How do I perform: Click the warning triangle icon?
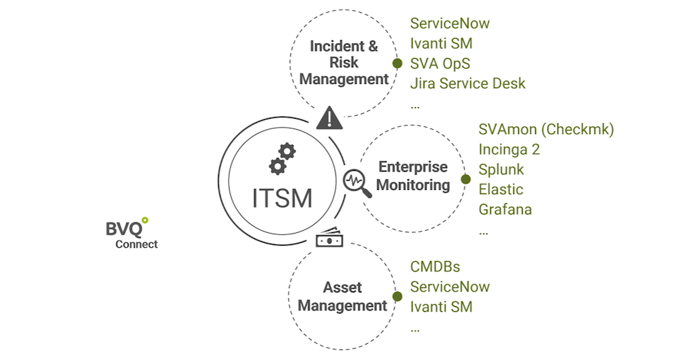pyautogui.click(x=329, y=118)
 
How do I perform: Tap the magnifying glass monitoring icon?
pyautogui.click(x=357, y=182)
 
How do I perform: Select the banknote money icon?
pyautogui.click(x=329, y=240)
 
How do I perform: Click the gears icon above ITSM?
pyautogui.click(x=282, y=158)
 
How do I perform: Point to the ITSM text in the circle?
pyautogui.click(x=282, y=198)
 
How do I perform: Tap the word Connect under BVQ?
pyautogui.click(x=136, y=244)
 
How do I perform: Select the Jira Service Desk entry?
pyautogui.click(x=467, y=83)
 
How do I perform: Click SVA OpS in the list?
pyautogui.click(x=440, y=64)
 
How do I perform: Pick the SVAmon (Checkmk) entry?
pyautogui.click(x=546, y=130)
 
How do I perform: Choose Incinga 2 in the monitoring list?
pyautogui.click(x=509, y=150)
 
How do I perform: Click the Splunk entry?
pyautogui.click(x=501, y=169)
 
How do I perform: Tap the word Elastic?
pyautogui.click(x=501, y=189)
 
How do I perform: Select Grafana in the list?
pyautogui.click(x=505, y=210)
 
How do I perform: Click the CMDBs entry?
pyautogui.click(x=435, y=267)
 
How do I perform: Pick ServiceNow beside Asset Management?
pyautogui.click(x=450, y=287)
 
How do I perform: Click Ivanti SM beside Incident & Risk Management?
pyautogui.click(x=441, y=44)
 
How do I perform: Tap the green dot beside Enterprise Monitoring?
pyautogui.click(x=465, y=179)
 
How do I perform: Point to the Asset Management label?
pyautogui.click(x=342, y=296)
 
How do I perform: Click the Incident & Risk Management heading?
pyautogui.click(x=344, y=63)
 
